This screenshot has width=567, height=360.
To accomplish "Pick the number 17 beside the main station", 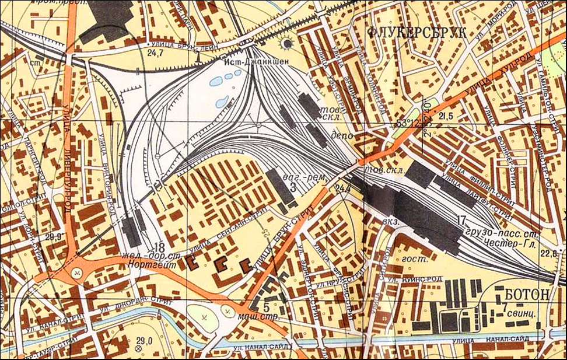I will (x=462, y=221).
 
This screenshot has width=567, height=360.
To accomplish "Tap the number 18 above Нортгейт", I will (x=159, y=246).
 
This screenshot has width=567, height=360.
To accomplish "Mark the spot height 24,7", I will (x=155, y=53).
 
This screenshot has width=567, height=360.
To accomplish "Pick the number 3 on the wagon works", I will (x=292, y=188).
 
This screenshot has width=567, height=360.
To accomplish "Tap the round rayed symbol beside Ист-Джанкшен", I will (x=286, y=44).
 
